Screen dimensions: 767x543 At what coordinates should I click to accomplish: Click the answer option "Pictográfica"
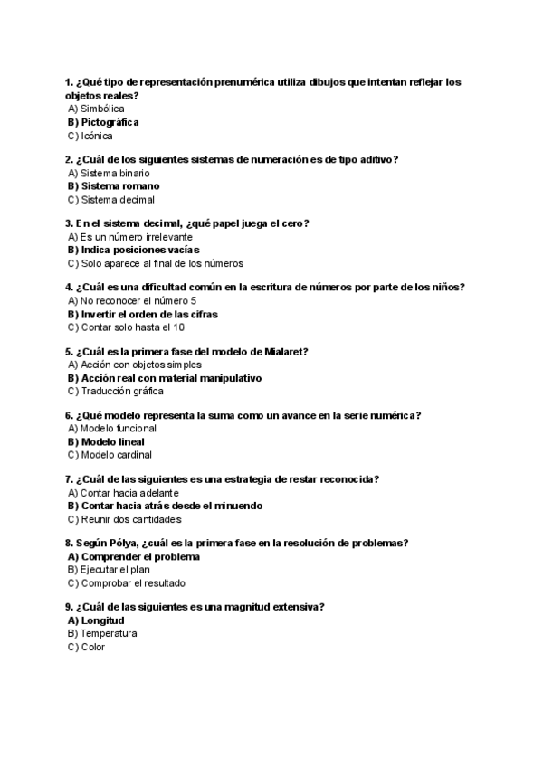point(110,122)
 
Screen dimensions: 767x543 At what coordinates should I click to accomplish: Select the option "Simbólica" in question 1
point(102,109)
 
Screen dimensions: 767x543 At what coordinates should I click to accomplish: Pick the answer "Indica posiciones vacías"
point(139,250)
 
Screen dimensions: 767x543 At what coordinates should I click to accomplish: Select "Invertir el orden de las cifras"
point(148,314)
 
